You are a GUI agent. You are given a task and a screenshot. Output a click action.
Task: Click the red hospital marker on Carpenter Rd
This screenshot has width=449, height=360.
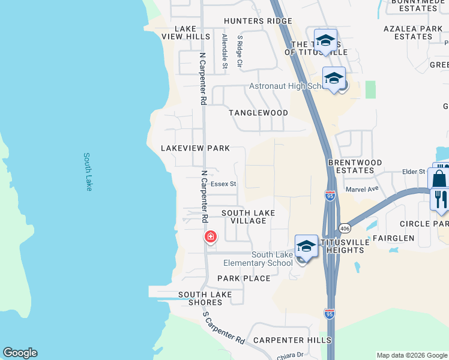[x=211, y=237]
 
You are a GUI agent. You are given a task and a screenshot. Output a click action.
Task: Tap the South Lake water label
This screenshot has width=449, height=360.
[x=88, y=172]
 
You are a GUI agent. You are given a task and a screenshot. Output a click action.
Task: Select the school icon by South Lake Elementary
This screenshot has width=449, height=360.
[x=306, y=247]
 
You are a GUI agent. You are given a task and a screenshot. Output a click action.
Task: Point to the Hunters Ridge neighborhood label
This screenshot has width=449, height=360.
[x=258, y=21]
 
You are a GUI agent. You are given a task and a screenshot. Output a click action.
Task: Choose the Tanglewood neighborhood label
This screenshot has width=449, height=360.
[x=258, y=113]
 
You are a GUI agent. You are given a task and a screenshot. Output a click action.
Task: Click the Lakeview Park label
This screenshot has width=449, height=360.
[x=196, y=148]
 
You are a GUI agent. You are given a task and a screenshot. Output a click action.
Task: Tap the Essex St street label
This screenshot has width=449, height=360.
[x=224, y=184]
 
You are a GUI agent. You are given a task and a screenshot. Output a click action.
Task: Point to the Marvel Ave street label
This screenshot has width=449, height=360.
[x=362, y=189]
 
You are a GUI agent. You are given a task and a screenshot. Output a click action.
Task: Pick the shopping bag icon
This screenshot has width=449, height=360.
[x=439, y=179]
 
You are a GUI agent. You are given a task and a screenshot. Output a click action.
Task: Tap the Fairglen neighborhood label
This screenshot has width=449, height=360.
[x=393, y=238]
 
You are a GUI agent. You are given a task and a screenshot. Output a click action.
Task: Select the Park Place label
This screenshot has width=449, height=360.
[x=244, y=278]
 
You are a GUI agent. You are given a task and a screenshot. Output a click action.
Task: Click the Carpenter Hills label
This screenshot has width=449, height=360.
[x=292, y=340]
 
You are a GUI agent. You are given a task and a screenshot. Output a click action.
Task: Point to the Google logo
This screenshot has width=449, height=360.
[x=20, y=353]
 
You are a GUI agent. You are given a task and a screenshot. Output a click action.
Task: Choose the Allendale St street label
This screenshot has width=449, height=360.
[x=224, y=50]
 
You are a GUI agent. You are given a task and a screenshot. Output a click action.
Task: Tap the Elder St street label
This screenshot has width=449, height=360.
[x=414, y=172]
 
